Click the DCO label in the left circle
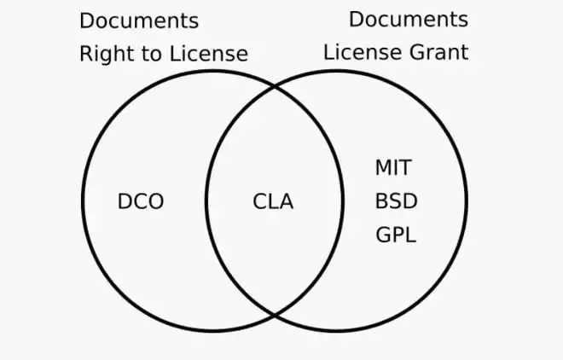pyautogui.click(x=140, y=202)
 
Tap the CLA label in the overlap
pyautogui.click(x=273, y=202)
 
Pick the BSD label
pyautogui.click(x=396, y=202)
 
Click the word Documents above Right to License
pyautogui.click(x=138, y=20)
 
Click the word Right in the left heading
pyautogui.click(x=102, y=54)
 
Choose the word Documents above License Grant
pyautogui.click(x=409, y=19)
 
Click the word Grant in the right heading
pyautogui.click(x=438, y=51)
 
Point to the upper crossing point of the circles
pyautogui.click(x=275, y=86)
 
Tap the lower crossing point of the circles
pyautogui.click(x=275, y=315)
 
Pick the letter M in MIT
pyautogui.click(x=382, y=168)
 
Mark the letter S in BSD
pyautogui.click(x=396, y=202)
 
